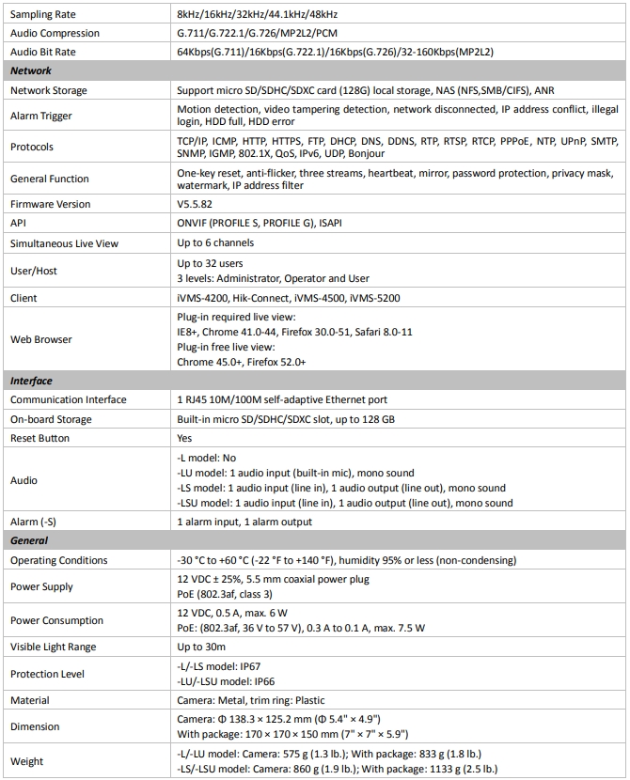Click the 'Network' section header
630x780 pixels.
(x=31, y=70)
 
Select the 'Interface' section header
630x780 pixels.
(x=32, y=381)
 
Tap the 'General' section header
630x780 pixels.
(x=29, y=540)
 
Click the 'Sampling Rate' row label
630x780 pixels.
(x=43, y=15)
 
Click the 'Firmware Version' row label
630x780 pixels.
(x=51, y=204)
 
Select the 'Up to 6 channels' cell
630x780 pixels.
(x=215, y=242)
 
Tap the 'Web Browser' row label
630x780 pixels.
(x=41, y=339)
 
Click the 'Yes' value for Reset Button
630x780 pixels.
(x=185, y=438)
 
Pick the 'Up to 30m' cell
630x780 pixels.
(x=202, y=647)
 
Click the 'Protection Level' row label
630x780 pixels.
(x=48, y=674)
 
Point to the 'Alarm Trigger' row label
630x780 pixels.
(x=41, y=117)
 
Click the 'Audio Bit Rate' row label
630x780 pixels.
(x=43, y=52)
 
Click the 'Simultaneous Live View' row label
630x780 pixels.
(x=64, y=242)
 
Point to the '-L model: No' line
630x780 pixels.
(x=209, y=458)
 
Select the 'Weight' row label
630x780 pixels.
(x=27, y=760)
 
